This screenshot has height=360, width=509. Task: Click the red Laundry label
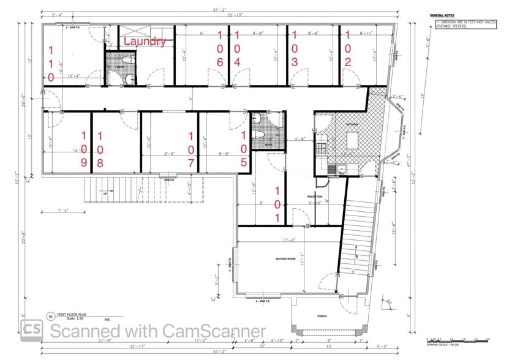(145, 42)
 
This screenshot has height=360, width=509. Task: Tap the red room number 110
(51, 63)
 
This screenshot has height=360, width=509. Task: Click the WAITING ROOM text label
(285, 260)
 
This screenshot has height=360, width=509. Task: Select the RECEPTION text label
(314, 197)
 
